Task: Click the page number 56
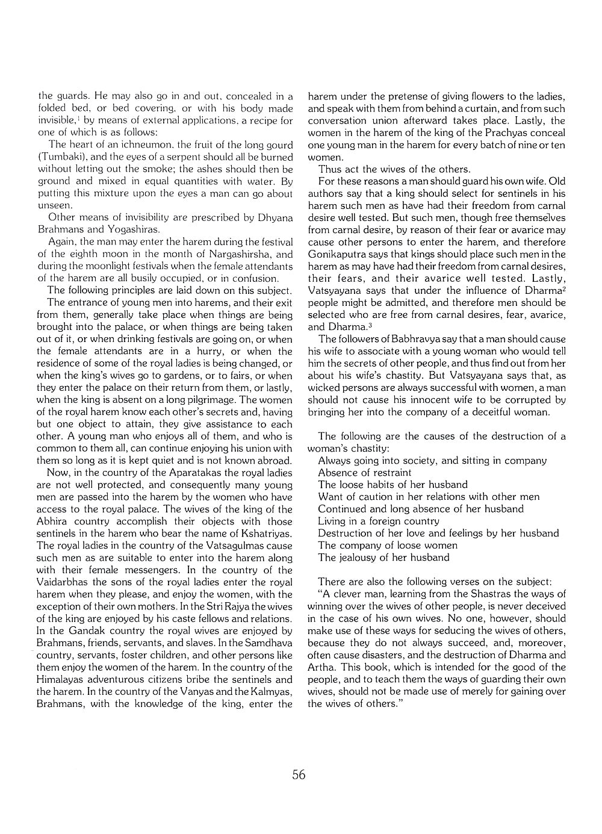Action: coord(299,774)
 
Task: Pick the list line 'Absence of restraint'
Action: coord(365,473)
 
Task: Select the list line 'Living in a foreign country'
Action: coord(379,521)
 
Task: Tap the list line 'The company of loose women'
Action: coord(388,546)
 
